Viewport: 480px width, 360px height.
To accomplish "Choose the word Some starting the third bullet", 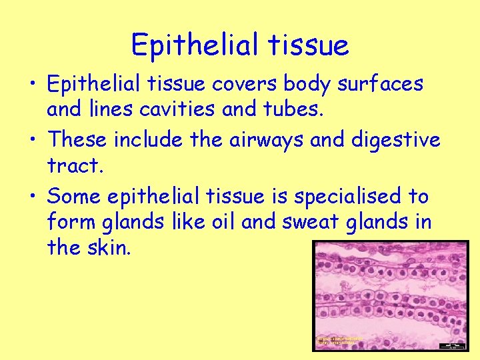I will (75, 197).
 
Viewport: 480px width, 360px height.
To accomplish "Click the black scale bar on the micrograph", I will (455, 345).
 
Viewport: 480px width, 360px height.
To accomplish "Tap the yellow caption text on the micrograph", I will (340, 341).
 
